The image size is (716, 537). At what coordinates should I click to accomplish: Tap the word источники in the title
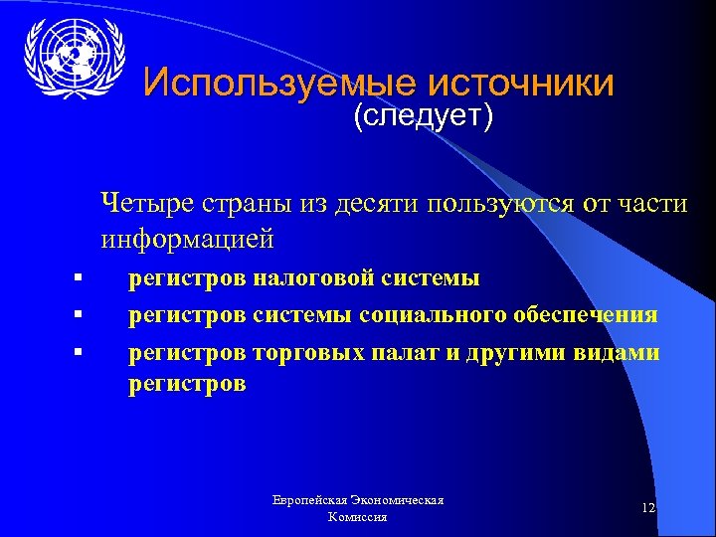(520, 83)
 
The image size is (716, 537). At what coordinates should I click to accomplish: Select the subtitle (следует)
(423, 117)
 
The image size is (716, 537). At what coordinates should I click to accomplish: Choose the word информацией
(186, 240)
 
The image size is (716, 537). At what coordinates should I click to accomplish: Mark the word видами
(617, 352)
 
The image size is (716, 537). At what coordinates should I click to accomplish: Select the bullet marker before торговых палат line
(76, 352)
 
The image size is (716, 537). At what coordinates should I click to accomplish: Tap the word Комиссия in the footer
(356, 518)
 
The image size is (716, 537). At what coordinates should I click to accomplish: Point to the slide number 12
(648, 508)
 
